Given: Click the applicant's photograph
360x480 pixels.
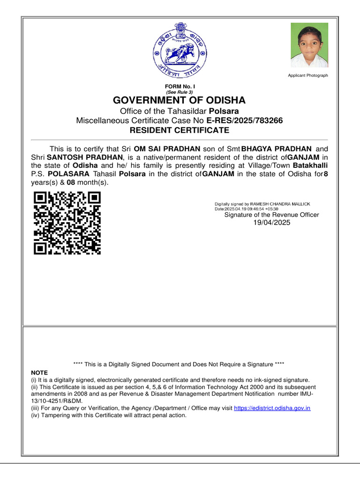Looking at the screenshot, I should point(309,45).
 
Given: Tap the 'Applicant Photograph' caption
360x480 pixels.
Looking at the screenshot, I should point(307,75).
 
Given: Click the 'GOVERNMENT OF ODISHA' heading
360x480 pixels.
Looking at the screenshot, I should point(179,100).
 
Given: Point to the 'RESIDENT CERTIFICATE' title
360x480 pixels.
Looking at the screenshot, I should point(180,130).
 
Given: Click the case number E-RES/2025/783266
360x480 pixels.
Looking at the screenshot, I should point(244,120).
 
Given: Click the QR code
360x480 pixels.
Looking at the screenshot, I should point(67,223).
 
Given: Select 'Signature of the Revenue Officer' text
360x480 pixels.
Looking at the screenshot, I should point(271,215).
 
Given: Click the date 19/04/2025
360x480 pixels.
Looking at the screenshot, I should point(271,223).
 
